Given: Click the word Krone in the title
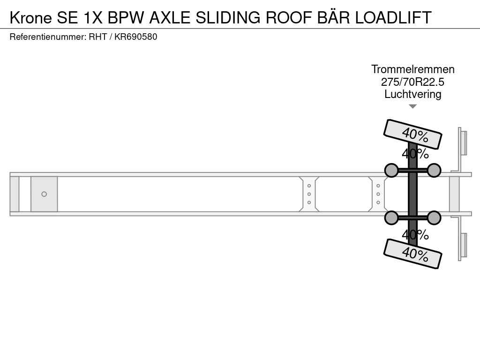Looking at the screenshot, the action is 31,17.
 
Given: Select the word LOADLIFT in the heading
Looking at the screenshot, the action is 393,17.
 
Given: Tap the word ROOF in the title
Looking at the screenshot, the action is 289,17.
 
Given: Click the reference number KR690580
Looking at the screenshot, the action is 135,37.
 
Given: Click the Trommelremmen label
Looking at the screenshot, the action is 412,69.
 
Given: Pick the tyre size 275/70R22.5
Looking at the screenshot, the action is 412,82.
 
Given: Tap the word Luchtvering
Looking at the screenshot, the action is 412,94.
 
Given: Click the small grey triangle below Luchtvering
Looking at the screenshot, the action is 412,106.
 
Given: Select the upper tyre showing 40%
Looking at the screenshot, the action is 412,134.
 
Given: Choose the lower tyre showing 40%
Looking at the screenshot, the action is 412,254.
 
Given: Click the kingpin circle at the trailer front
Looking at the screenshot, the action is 44,194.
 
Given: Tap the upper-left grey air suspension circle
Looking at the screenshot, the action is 391,170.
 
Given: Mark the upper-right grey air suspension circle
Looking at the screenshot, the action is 434,170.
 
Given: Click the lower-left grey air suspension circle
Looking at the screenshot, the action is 391,217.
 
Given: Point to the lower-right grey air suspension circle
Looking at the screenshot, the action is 434,217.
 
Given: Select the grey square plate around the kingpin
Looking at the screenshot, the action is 44,194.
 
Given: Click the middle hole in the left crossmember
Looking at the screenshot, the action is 309,194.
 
